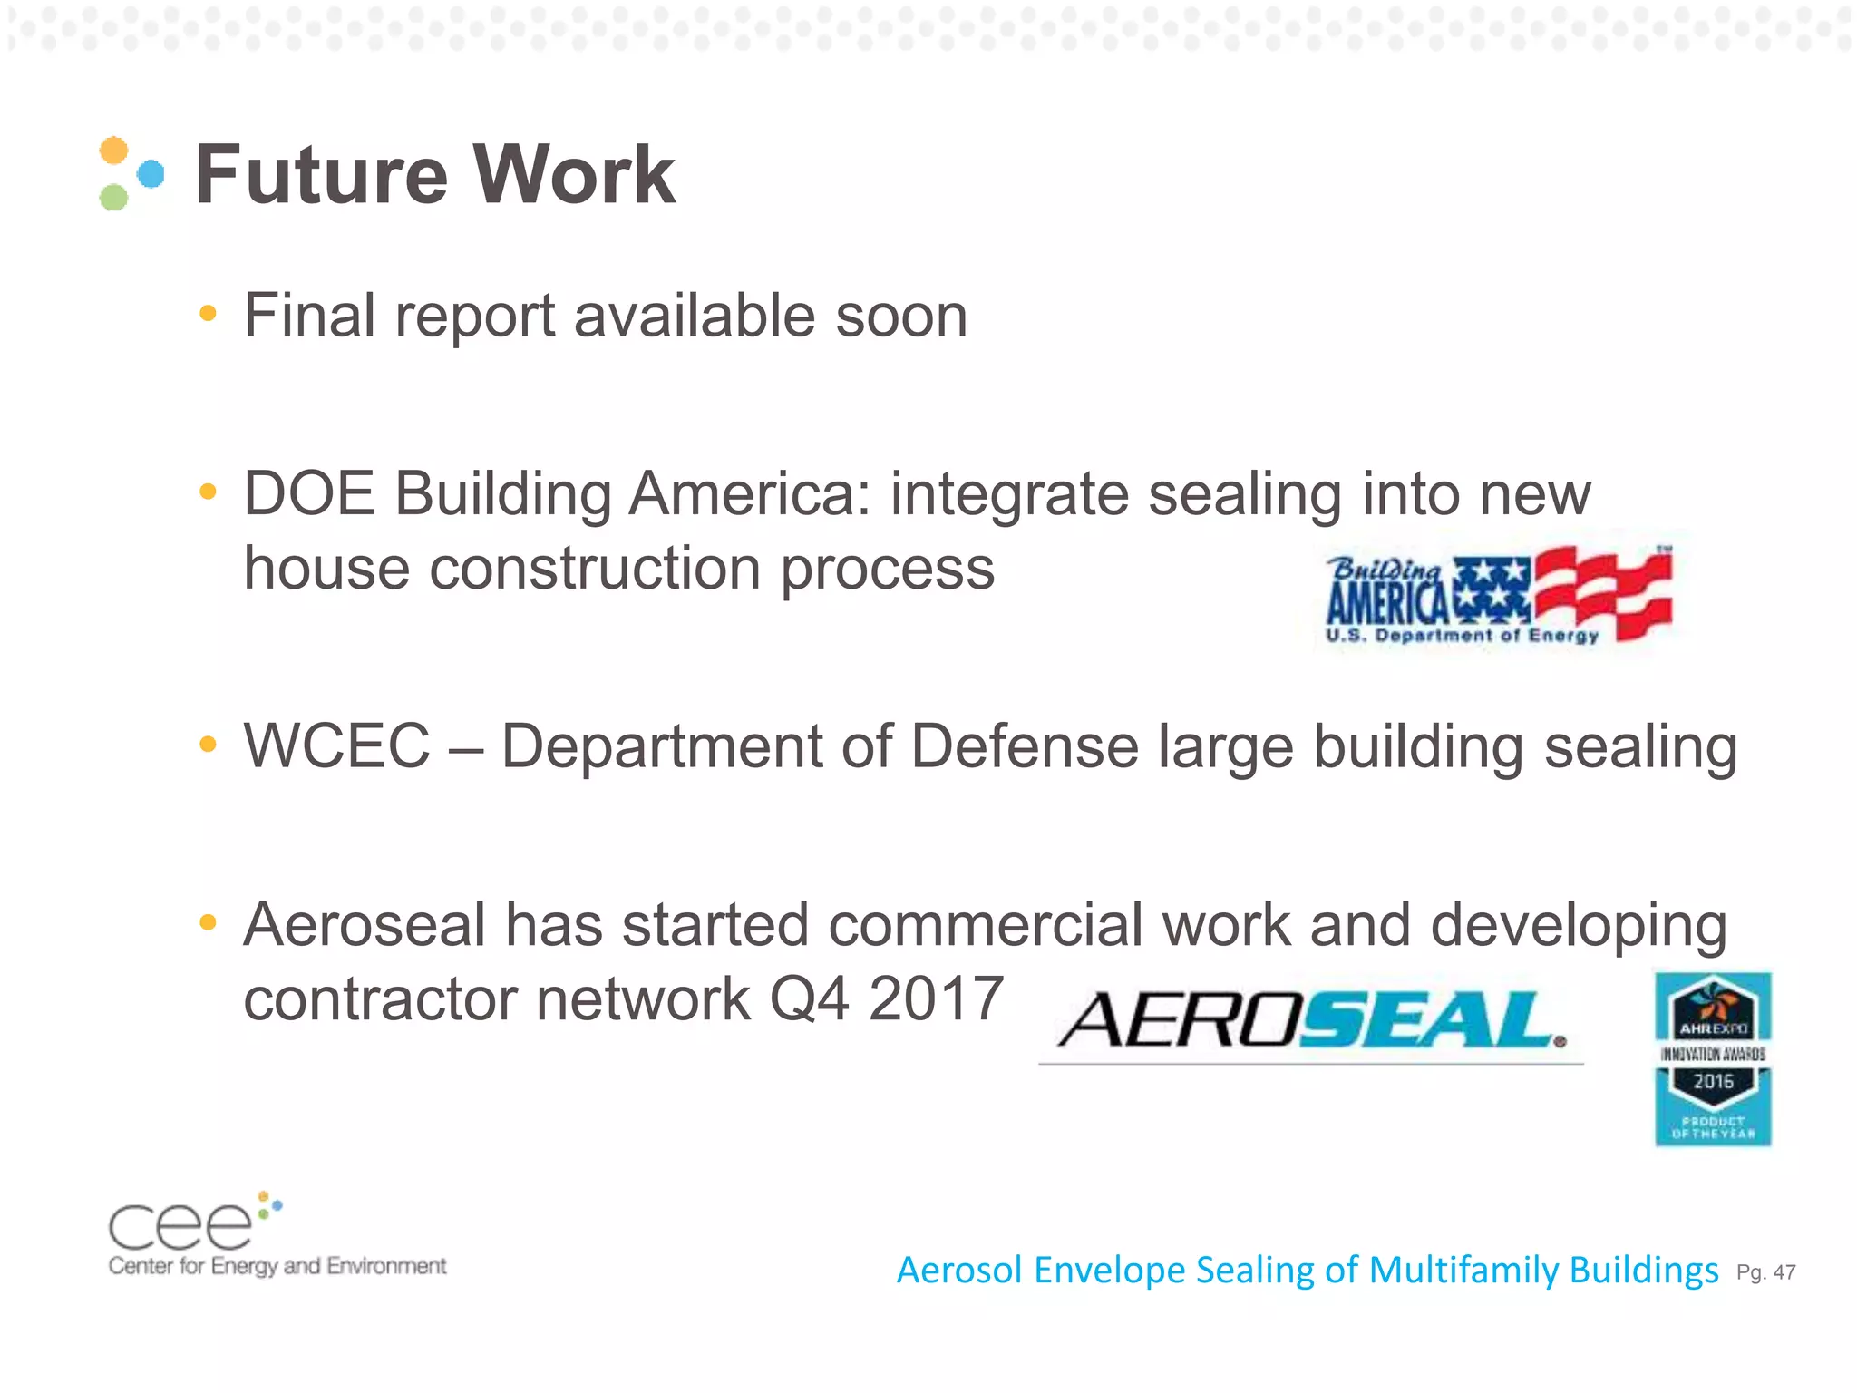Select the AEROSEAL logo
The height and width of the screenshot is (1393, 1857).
[x=1311, y=1020]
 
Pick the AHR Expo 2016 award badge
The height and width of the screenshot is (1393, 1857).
[x=1713, y=1058]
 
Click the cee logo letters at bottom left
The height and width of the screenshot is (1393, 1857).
[x=181, y=1226]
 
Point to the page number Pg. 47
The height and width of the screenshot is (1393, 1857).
[x=1765, y=1272]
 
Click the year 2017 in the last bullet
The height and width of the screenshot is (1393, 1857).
[x=935, y=998]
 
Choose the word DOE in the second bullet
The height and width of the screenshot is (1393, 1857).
[x=309, y=494]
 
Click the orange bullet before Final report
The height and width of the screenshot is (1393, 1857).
[x=209, y=314]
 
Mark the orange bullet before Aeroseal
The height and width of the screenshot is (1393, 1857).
[x=209, y=923]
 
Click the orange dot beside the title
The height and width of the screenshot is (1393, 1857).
[x=113, y=150]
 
